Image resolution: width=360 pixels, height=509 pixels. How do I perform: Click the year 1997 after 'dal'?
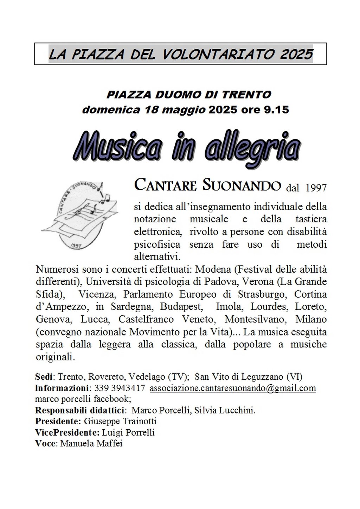[316, 188]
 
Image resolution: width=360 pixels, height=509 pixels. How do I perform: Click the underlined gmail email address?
[233, 388]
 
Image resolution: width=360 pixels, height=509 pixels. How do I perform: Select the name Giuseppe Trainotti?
[120, 421]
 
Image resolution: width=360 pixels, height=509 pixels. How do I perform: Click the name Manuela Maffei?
[91, 443]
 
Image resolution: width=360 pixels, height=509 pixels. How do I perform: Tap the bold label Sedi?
[44, 377]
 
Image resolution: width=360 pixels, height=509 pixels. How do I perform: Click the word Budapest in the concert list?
[181, 307]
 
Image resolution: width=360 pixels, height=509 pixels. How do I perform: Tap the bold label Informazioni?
[61, 388]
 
